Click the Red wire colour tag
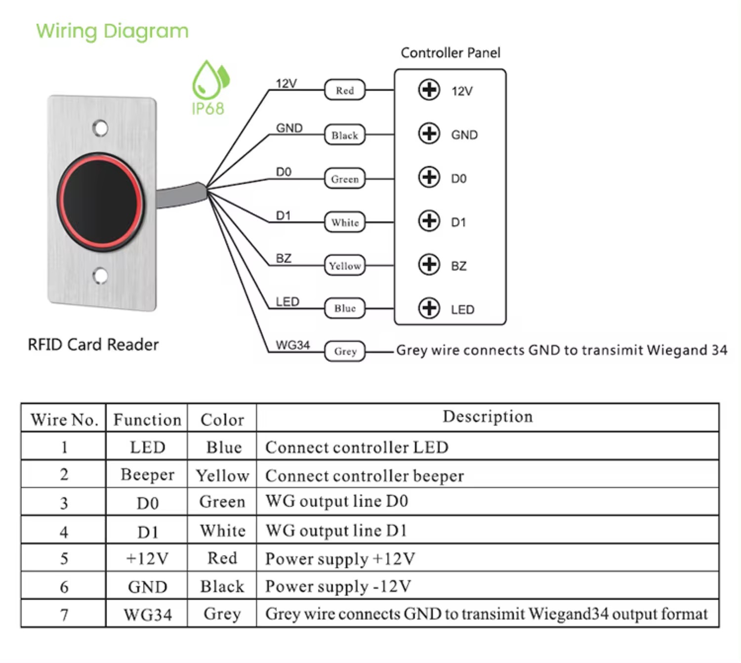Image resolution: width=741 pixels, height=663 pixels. (344, 89)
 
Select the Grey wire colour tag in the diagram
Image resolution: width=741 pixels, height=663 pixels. (344, 351)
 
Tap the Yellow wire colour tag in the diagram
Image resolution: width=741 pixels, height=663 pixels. (344, 265)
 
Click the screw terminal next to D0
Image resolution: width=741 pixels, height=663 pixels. (429, 177)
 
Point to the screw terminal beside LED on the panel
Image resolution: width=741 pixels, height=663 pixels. (429, 308)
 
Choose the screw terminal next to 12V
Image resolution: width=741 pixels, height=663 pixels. (429, 90)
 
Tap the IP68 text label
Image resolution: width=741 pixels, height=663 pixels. (208, 109)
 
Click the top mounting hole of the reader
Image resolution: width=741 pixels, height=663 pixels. (100, 128)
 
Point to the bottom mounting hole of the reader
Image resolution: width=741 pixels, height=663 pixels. (100, 276)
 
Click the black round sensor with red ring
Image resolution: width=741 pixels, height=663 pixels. (101, 202)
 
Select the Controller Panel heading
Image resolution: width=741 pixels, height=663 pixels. (450, 53)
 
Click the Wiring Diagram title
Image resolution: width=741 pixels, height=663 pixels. (112, 32)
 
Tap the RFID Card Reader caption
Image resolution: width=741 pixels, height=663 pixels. (93, 345)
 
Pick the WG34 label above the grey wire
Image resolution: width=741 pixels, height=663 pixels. (292, 345)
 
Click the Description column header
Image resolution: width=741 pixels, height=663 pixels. (488, 417)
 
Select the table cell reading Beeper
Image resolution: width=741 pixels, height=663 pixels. (147, 474)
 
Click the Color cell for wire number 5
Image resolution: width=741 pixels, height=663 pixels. (222, 558)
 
